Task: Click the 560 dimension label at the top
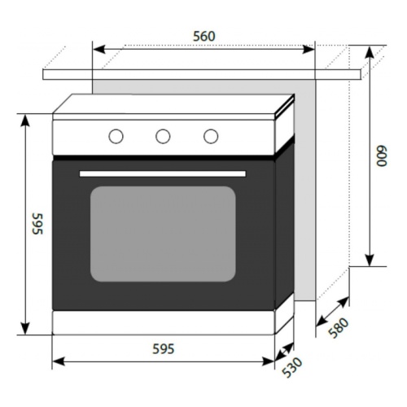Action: click(x=204, y=37)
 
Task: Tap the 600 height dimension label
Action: click(x=381, y=156)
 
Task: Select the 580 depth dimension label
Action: click(x=339, y=327)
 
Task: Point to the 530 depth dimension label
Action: click(x=291, y=367)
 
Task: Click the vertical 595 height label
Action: click(x=37, y=224)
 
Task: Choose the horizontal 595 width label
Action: click(x=163, y=349)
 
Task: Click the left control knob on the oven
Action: click(x=116, y=136)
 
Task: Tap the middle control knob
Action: click(x=163, y=136)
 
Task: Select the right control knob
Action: click(x=211, y=136)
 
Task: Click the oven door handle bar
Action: click(x=163, y=173)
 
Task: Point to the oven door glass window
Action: click(x=163, y=234)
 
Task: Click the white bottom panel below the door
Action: click(x=164, y=322)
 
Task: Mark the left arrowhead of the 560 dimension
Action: click(x=99, y=50)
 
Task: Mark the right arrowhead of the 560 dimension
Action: click(x=309, y=50)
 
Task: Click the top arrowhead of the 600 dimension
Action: click(x=370, y=52)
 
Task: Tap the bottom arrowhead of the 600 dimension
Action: click(x=370, y=260)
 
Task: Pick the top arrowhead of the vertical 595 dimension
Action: click(x=25, y=121)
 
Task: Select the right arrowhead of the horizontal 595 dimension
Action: click(x=268, y=361)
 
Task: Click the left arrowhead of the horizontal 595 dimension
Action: click(x=59, y=361)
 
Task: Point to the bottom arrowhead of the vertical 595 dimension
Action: click(x=25, y=328)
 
